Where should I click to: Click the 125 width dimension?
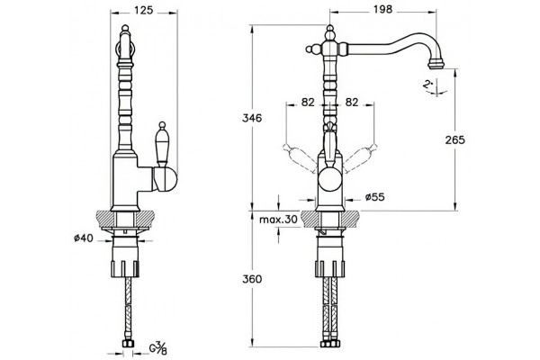(143, 10)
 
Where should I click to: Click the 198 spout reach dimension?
(382, 9)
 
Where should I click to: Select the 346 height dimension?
(252, 118)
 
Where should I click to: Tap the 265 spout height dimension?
(454, 139)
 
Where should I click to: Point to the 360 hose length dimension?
(252, 279)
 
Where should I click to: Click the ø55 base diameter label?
(374, 197)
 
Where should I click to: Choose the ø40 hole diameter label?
(84, 238)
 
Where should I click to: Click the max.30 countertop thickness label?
(277, 220)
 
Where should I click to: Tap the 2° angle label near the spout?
(428, 84)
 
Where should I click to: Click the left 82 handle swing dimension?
(308, 103)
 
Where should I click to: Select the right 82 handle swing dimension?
(351, 103)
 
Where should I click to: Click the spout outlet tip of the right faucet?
(436, 65)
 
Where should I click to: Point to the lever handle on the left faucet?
(161, 144)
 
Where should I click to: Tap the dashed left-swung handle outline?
(300, 157)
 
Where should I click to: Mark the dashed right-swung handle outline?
(360, 157)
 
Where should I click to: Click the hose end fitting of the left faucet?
(129, 344)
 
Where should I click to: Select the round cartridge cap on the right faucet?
(330, 178)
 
